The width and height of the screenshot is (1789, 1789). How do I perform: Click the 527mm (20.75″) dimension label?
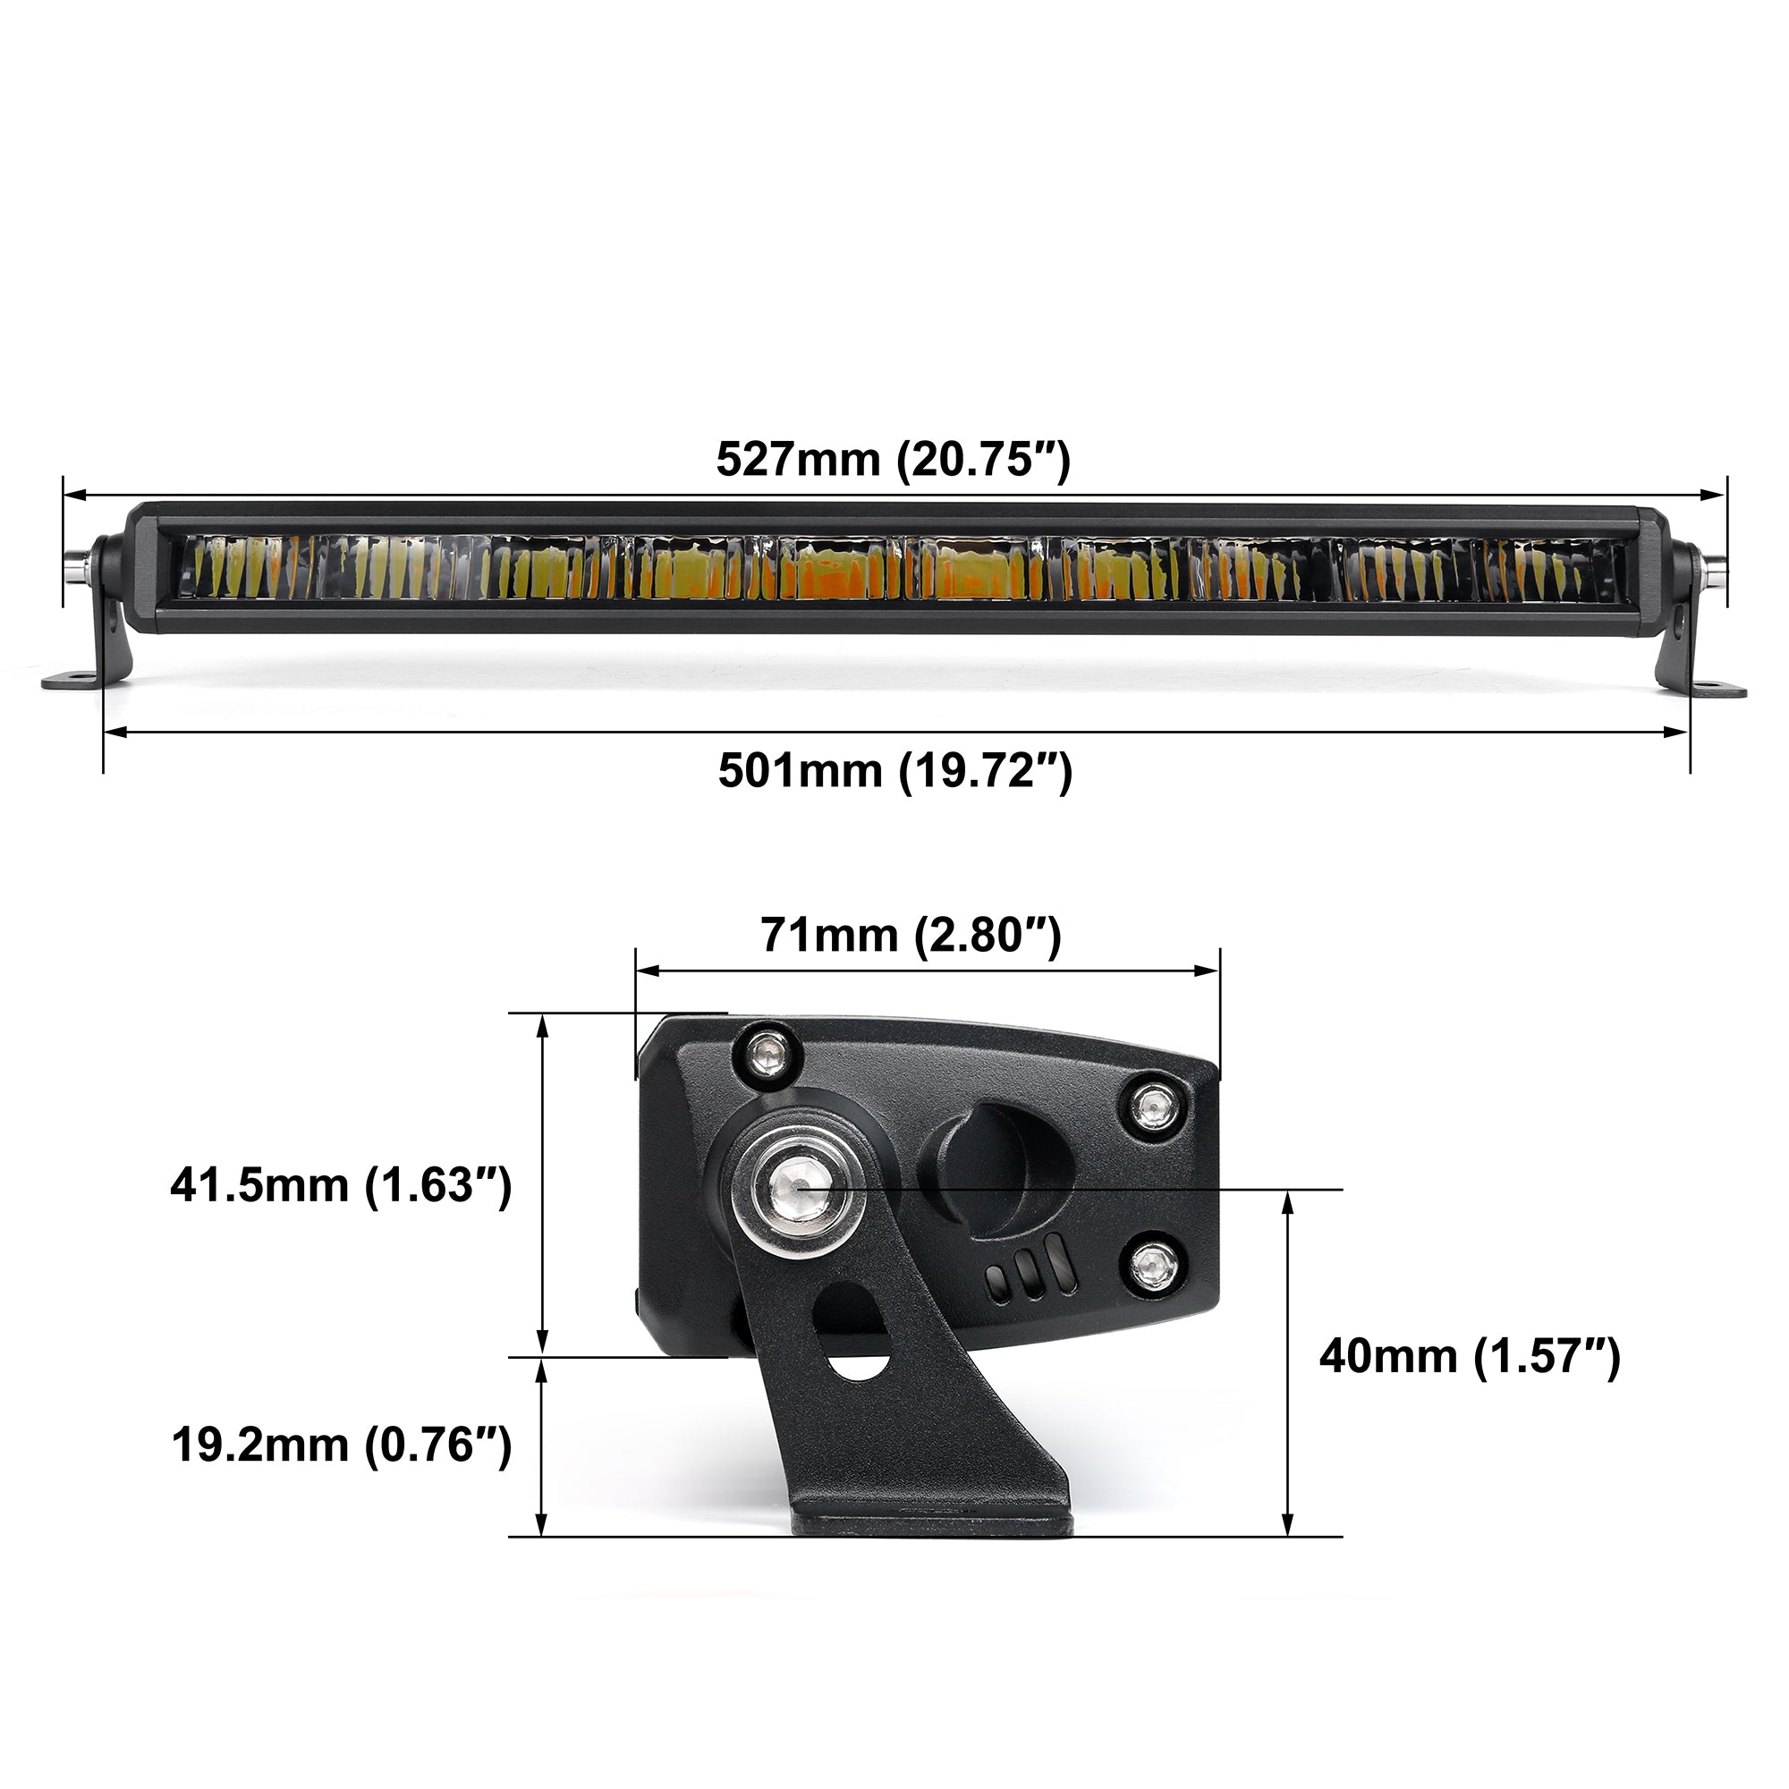(893, 459)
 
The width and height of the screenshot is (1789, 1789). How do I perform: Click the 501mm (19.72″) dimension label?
(894, 770)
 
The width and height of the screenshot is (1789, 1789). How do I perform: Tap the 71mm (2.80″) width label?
(911, 936)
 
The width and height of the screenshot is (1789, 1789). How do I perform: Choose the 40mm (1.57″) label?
(1470, 1357)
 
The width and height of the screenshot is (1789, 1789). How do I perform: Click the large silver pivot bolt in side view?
(798, 1186)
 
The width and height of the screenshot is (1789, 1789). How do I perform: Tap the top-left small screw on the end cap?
(767, 1053)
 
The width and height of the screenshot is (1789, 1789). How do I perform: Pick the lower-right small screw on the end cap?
(1154, 1263)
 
